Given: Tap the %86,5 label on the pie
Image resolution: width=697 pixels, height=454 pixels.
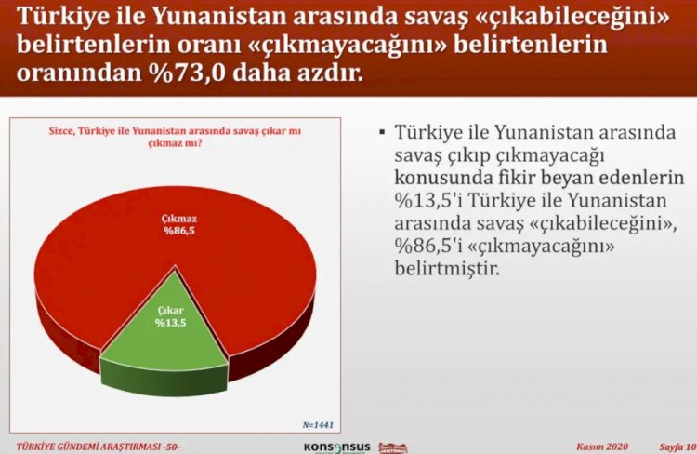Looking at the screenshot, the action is (178, 231).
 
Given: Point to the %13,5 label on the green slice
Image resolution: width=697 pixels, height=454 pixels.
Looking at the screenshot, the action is (170, 322).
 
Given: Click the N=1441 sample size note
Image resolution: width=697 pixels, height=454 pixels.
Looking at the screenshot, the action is (318, 425).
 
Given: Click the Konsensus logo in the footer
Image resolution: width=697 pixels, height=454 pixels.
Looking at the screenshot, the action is (337, 447).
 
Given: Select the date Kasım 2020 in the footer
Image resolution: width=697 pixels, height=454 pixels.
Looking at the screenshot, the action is (602, 447).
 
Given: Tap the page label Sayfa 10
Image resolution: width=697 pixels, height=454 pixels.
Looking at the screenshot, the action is (677, 447).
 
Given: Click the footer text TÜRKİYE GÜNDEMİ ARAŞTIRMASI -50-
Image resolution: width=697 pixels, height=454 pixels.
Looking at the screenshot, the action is (99, 447).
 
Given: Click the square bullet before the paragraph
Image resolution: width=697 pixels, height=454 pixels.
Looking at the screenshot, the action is (382, 132).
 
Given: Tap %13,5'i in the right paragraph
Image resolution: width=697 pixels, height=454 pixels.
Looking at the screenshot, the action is (428, 200).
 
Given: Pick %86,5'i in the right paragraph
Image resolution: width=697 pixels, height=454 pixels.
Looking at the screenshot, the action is (428, 246).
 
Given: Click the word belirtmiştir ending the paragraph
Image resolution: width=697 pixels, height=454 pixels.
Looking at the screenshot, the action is (447, 268).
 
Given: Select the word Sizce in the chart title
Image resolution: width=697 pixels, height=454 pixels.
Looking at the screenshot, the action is (61, 131).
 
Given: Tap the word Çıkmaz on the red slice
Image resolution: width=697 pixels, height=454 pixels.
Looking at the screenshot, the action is (178, 219).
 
